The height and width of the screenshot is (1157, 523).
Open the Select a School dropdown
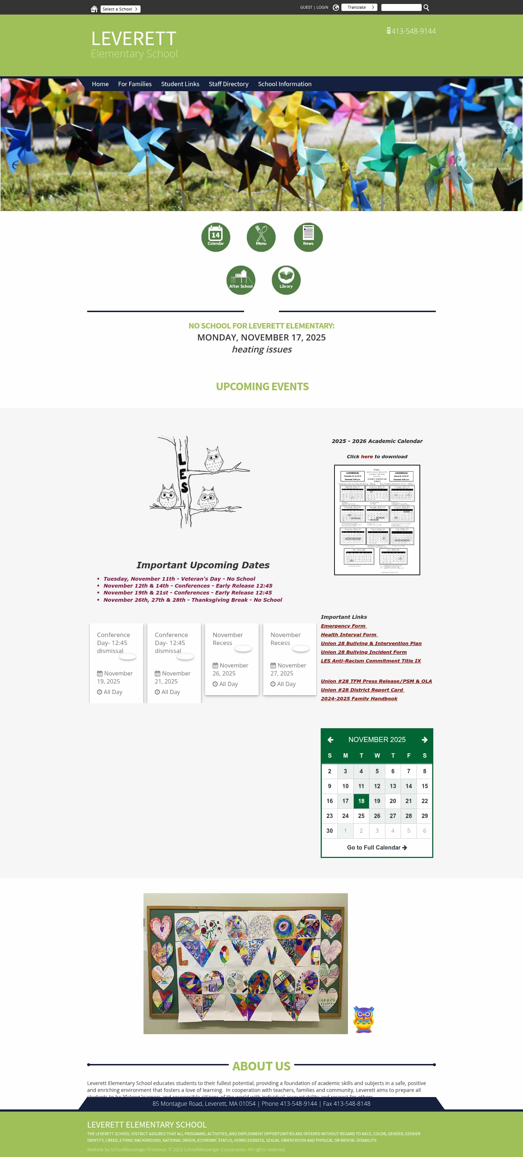click(x=120, y=9)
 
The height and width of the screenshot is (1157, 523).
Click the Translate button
click(x=359, y=7)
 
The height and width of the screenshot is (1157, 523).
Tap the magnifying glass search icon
click(x=426, y=8)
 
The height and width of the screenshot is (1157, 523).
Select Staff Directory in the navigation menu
click(x=228, y=84)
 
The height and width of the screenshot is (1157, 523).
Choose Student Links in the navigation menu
click(x=180, y=84)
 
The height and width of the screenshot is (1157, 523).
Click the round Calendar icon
click(x=215, y=237)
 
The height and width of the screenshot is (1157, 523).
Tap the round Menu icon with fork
click(x=261, y=237)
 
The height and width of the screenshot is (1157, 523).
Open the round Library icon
click(x=286, y=280)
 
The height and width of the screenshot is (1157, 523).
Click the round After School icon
click(x=241, y=280)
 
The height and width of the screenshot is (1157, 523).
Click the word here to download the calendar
click(x=367, y=456)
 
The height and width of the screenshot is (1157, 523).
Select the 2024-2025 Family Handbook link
click(x=359, y=698)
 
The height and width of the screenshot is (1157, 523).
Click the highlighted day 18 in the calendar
click(x=361, y=801)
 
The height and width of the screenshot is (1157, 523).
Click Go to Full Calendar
click(x=377, y=847)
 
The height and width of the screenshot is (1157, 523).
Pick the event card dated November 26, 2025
click(x=232, y=659)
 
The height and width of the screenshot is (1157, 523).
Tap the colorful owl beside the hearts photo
click(x=364, y=1019)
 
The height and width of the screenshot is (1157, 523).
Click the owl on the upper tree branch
click(x=213, y=459)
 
